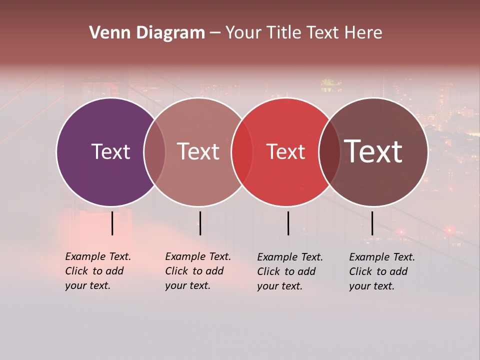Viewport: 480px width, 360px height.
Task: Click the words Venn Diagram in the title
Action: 146,33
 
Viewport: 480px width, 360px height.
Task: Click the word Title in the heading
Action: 283,33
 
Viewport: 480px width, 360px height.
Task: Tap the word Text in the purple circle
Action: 110,151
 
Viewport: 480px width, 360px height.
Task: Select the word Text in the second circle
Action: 198,151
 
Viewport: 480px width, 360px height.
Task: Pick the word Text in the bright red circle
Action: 285,151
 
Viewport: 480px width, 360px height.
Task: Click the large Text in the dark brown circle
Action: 373,151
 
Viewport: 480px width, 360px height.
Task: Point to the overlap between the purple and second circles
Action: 154,151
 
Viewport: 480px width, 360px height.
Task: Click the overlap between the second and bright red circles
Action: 242,151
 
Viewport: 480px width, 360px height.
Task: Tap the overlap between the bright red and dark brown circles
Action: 329,151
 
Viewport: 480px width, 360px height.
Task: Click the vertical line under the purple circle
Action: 112,223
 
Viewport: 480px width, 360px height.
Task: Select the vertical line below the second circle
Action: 200,223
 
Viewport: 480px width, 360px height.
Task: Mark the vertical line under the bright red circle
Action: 288,223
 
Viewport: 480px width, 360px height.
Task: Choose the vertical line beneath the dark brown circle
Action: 372,223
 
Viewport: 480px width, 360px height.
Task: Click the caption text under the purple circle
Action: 97,271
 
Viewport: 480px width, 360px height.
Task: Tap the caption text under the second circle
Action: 197,271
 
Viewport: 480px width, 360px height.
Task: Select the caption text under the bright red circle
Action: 289,271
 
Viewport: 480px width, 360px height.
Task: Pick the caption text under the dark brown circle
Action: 381,271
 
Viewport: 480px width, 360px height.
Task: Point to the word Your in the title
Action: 243,33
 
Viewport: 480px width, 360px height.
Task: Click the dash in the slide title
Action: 214,33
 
